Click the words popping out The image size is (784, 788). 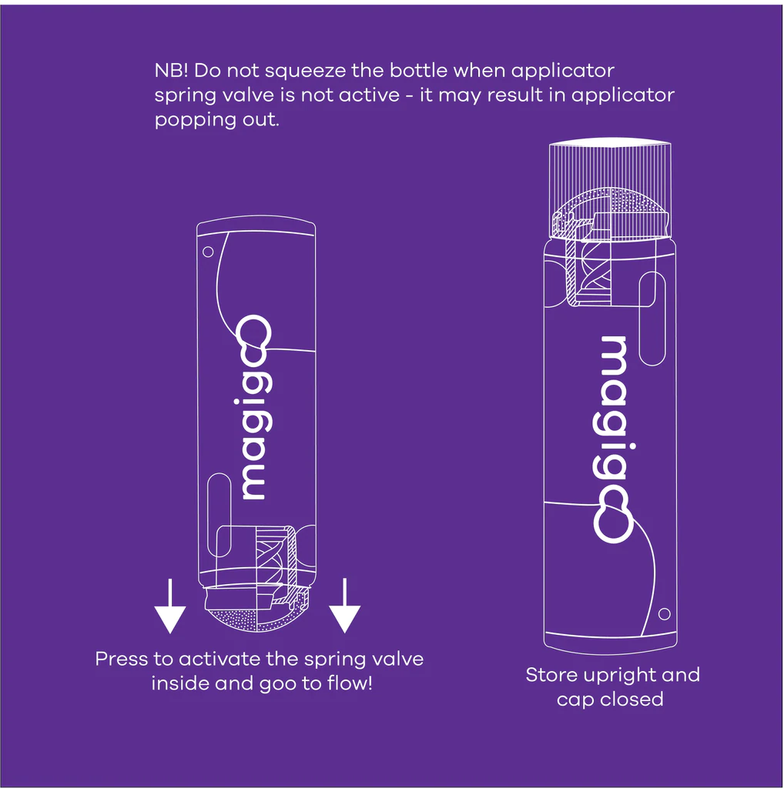216,121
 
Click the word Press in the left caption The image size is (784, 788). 120,659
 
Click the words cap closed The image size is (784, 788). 610,700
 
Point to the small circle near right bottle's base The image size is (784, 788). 665,613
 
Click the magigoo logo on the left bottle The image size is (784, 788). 254,408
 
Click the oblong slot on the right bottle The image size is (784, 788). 652,318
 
